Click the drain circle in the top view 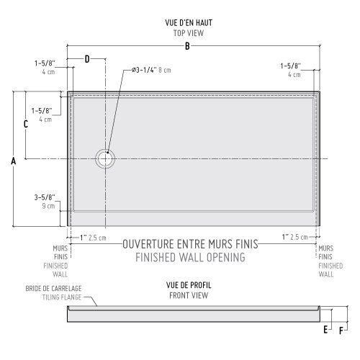105,149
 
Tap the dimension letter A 14,161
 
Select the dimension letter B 187,46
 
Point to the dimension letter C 26,124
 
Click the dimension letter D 87,59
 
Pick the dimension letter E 325,330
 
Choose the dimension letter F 341,331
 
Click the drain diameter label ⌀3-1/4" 144,70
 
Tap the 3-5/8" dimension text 45,197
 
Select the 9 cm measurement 48,206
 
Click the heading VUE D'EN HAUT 189,23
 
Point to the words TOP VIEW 189,33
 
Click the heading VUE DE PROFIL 189,285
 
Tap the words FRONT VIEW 189,295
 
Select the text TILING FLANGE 62,297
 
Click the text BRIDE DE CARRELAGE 53,289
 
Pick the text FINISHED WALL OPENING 190,257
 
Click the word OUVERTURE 148,244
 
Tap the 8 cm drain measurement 165,70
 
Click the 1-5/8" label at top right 291,66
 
